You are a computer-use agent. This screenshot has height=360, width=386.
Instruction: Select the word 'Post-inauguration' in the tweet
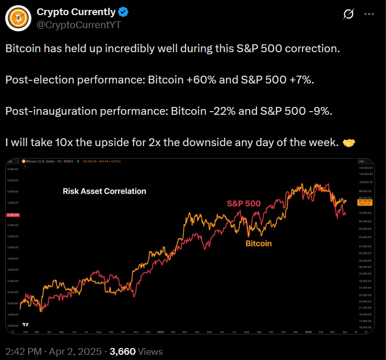(x=43, y=112)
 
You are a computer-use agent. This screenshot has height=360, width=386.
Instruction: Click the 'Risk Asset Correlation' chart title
(x=104, y=191)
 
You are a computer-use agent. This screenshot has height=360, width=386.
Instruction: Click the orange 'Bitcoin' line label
(x=259, y=243)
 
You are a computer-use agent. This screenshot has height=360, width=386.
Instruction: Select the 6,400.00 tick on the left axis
(x=13, y=170)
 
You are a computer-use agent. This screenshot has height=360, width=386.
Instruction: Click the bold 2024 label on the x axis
(x=160, y=331)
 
